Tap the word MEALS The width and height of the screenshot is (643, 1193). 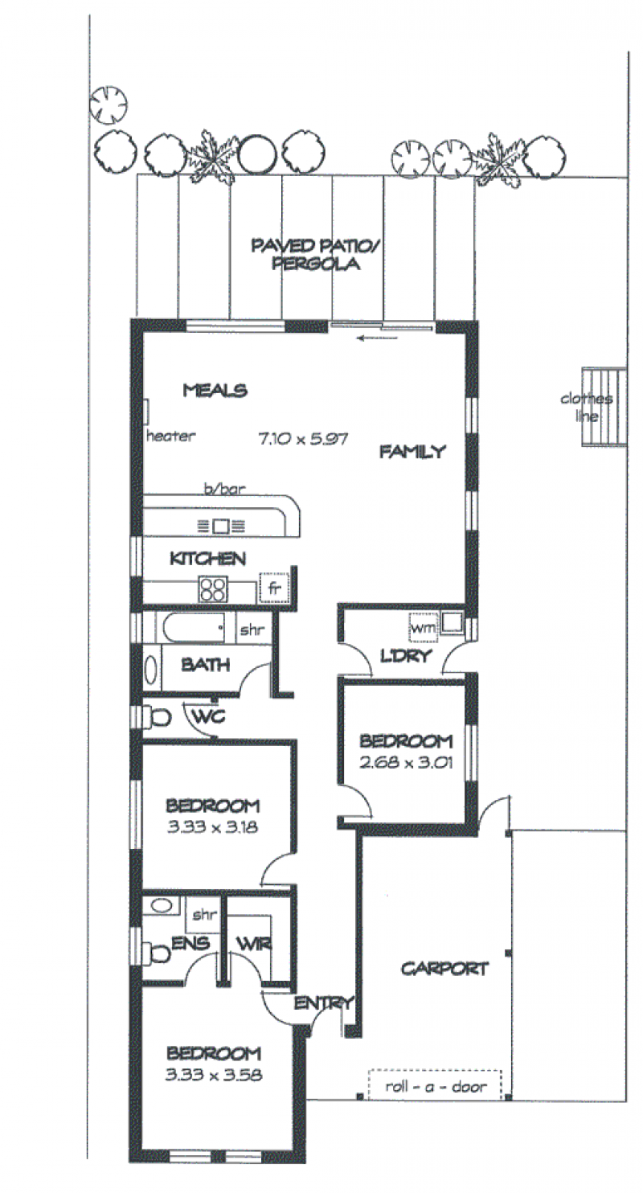215,391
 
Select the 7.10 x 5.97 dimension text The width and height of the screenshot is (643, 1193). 302,439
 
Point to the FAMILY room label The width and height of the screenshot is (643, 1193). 412,452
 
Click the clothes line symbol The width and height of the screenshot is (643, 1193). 603,407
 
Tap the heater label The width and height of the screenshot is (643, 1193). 171,437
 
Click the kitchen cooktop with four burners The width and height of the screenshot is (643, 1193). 213,589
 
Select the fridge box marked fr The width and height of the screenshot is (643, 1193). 273,588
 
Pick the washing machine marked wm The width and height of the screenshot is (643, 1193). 423,628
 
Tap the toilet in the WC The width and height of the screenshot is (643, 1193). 158,717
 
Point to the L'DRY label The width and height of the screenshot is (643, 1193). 406,656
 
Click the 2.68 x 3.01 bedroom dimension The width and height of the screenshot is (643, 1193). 406,763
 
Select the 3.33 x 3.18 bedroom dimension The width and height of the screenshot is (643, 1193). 212,827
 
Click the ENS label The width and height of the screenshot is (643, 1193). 190,943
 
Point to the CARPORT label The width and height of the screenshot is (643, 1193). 444,968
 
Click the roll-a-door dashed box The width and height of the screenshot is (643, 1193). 435,1085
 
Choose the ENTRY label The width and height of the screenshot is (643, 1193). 324,1003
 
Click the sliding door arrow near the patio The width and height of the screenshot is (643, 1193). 378,338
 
